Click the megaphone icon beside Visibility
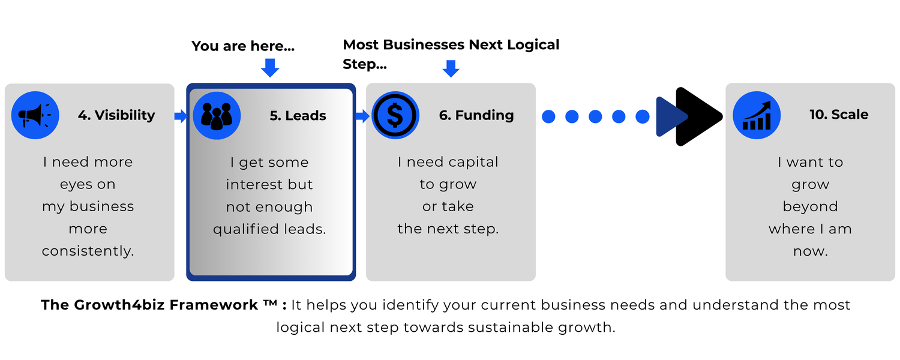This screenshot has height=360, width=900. point(35,115)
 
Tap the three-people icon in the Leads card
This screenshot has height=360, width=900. point(217,116)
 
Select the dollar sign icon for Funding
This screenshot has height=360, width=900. point(395,115)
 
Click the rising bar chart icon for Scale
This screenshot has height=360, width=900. point(757,115)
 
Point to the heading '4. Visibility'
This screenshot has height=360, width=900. point(116,115)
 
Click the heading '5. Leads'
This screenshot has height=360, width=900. point(298,116)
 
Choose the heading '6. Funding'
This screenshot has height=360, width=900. point(476,115)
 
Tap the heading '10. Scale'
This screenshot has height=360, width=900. point(839,115)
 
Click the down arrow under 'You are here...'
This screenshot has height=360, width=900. point(270,68)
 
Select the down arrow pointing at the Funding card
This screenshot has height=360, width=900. point(451,69)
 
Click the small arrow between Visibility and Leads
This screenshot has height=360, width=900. point(181,116)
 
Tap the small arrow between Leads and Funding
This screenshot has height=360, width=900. point(363,116)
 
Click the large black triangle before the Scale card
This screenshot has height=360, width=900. point(697,116)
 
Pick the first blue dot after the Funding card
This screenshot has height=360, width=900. point(548,116)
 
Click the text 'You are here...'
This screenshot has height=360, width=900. point(243,46)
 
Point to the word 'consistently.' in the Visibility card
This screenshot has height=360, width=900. point(88,251)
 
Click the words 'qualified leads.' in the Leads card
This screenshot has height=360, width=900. point(269,229)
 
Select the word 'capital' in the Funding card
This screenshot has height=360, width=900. point(473,163)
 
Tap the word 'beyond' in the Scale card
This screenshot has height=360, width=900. point(811,206)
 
